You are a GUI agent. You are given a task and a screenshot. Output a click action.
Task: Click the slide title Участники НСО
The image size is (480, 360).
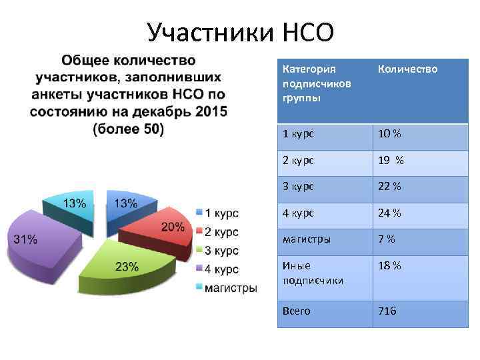point(239,32)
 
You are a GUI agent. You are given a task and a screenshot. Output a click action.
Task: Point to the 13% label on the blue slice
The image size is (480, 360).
point(126,203)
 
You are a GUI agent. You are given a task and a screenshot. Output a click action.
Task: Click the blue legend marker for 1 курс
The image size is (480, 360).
point(199,213)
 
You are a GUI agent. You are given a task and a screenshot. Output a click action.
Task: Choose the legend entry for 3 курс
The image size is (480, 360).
point(221,251)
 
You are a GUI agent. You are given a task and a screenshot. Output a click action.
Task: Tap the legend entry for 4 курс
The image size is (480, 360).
point(221,269)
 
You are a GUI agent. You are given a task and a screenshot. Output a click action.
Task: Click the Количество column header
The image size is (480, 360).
point(407,69)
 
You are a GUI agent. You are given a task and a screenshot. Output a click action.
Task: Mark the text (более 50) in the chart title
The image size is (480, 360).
point(128,129)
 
